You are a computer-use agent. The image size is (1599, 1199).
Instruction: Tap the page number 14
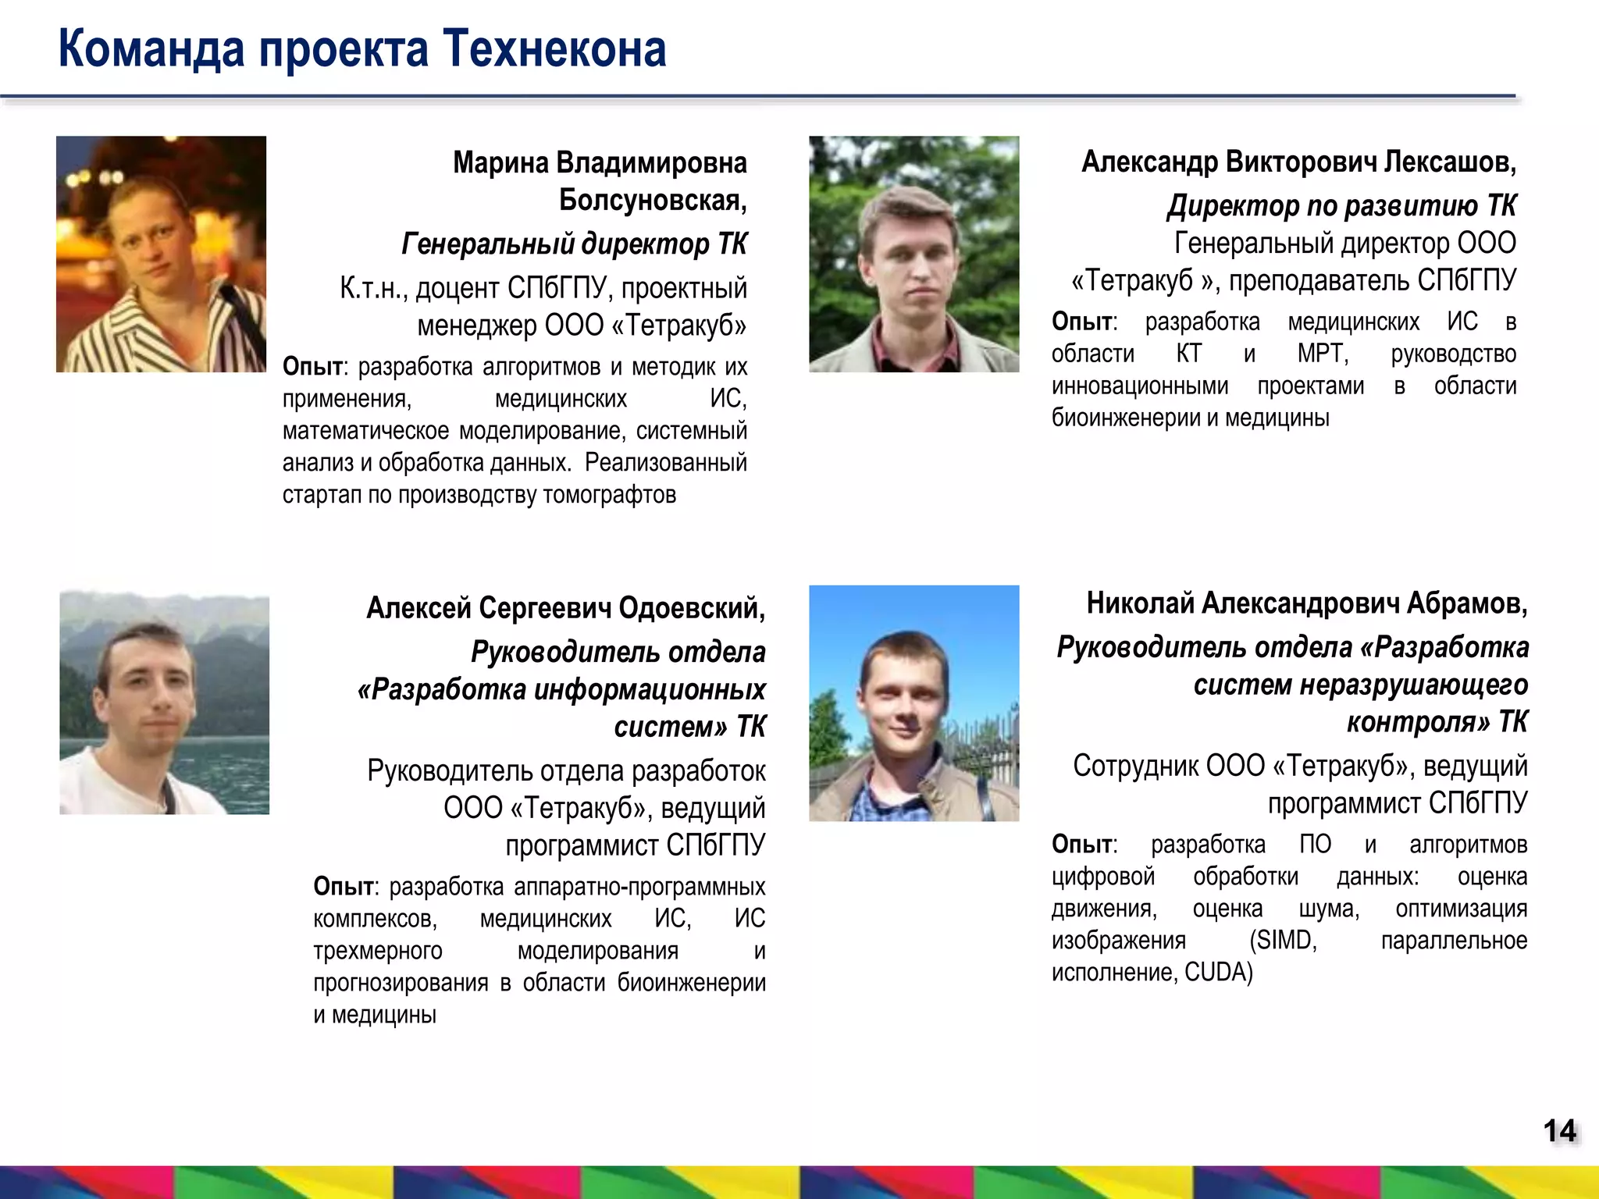point(1560,1131)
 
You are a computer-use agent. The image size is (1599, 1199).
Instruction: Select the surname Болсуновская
point(652,201)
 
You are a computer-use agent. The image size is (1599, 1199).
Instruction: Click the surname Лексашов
point(1450,162)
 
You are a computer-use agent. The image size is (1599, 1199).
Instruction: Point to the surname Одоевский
point(691,607)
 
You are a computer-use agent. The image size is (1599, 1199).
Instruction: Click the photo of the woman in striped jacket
point(161,254)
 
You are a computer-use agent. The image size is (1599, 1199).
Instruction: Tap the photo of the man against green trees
point(913,254)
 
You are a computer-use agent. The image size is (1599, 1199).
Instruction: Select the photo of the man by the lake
point(164,703)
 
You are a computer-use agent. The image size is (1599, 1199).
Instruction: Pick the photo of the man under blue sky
point(913,703)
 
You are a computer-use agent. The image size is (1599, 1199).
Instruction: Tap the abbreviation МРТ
point(1323,354)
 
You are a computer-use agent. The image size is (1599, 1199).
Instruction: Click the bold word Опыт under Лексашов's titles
point(1082,322)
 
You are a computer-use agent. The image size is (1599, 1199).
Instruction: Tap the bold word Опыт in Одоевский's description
point(344,887)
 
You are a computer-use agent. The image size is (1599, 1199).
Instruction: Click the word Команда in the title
point(151,49)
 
